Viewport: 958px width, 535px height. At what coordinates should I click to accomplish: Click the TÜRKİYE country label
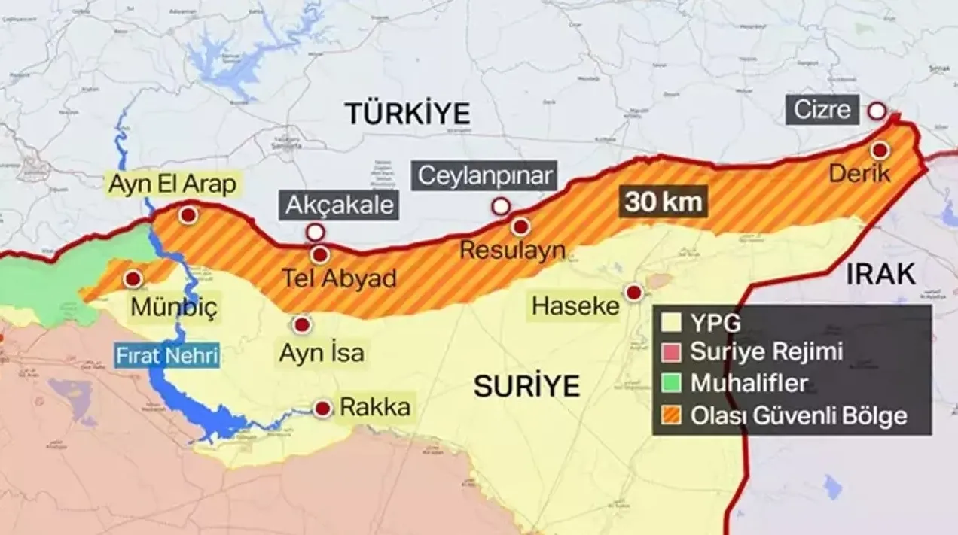point(407,114)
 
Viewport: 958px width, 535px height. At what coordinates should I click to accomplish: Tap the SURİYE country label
point(526,386)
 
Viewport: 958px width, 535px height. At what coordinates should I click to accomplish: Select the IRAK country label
point(880,275)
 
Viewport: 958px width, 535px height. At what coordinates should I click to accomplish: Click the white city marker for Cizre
point(877,111)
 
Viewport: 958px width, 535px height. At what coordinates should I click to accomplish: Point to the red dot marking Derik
point(880,150)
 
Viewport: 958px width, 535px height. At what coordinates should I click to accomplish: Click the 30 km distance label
point(663,202)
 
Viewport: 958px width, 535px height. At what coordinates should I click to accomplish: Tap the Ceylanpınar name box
point(487,176)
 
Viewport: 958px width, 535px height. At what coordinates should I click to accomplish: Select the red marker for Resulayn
point(520,226)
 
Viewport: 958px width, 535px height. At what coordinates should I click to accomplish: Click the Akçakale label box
point(340,205)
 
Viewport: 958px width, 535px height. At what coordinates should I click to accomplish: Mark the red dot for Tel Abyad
point(320,254)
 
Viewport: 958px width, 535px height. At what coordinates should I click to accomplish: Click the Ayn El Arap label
point(172,184)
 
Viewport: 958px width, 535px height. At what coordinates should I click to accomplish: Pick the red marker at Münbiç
point(134,279)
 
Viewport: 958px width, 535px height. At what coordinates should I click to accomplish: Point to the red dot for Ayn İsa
point(302,325)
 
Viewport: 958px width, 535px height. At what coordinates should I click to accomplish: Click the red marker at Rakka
point(323,409)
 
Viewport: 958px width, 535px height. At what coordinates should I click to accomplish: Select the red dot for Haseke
point(634,293)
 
